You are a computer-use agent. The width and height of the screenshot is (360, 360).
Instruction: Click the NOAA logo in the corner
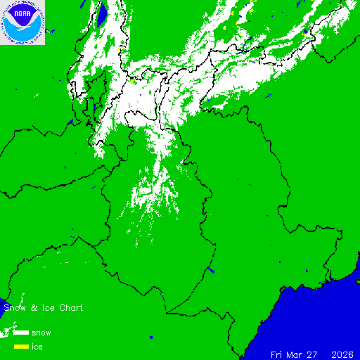22,22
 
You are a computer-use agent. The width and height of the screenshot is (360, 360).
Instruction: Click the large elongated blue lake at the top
102,14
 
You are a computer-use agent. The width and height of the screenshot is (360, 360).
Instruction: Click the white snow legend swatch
20,333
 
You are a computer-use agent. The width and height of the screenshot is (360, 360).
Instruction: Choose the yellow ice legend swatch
20,346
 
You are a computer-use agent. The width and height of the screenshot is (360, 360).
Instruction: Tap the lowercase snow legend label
41,333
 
